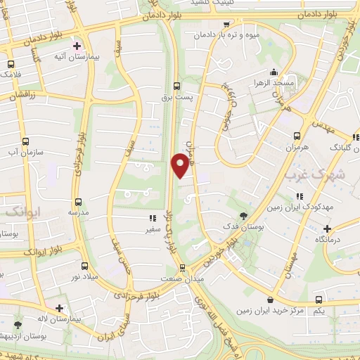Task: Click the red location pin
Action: click(x=180, y=165)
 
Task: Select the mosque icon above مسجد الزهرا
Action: click(x=274, y=72)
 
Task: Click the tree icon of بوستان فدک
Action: click(x=244, y=216)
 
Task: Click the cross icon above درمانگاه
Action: click(x=327, y=229)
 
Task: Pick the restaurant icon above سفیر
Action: click(x=152, y=219)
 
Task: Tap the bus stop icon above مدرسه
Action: click(x=78, y=202)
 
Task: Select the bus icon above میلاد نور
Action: click(x=85, y=266)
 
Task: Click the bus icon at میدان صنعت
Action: click(x=183, y=267)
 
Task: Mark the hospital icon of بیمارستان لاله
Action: click(x=60, y=308)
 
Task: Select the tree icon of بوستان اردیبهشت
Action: click(x=18, y=325)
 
